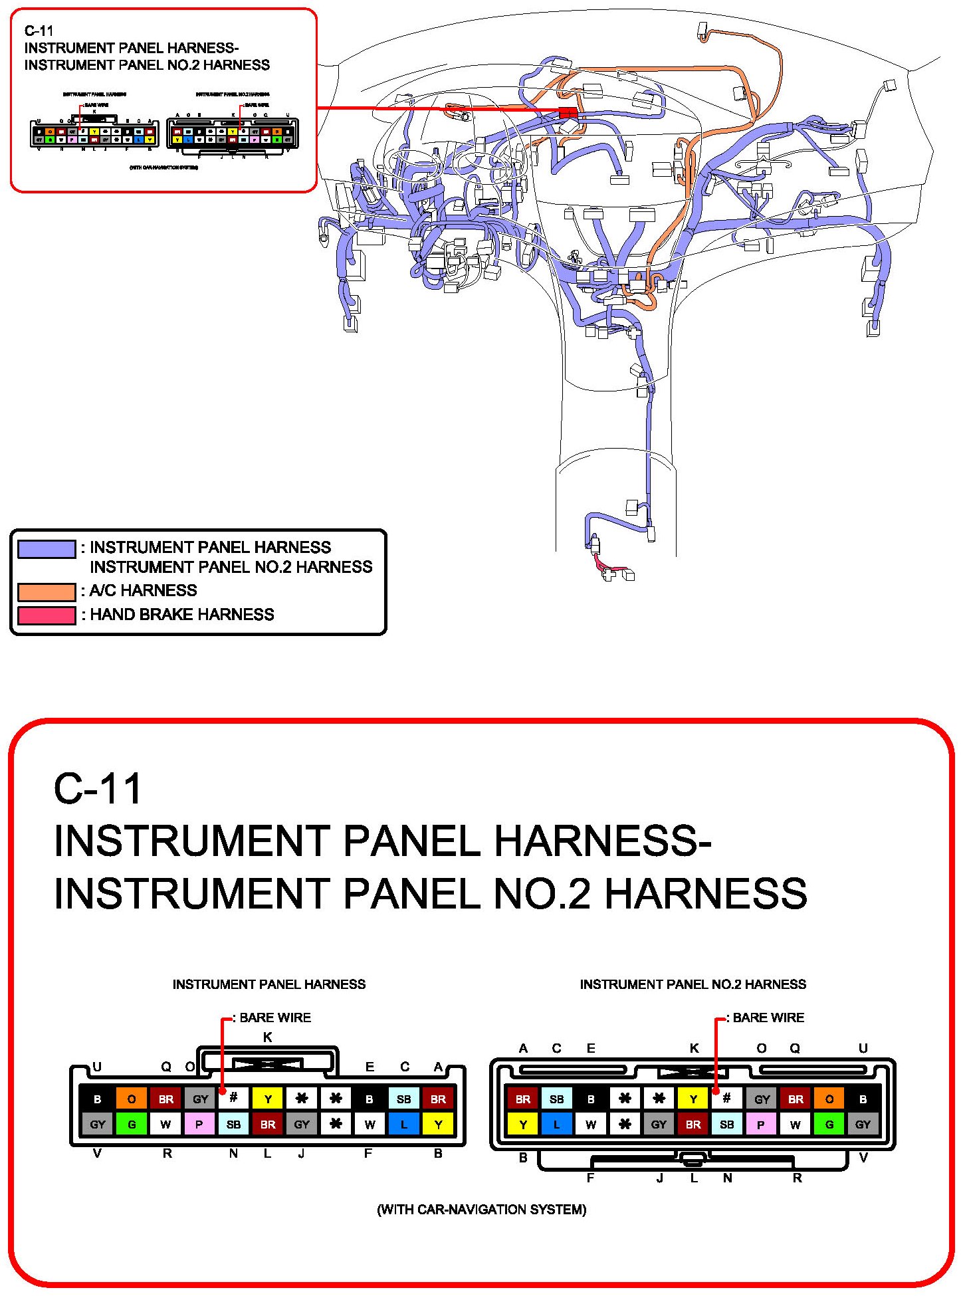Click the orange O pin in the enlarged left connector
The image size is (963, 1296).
132,1099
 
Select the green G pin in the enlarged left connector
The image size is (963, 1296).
132,1125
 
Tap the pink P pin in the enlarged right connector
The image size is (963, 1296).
761,1125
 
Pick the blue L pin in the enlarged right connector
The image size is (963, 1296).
557,1125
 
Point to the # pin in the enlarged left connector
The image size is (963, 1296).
233,1099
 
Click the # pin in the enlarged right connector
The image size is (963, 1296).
727,1099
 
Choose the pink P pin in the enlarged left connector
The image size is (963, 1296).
199,1125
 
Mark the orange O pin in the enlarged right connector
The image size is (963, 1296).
829,1099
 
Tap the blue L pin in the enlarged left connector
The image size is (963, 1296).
404,1125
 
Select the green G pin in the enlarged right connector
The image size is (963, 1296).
829,1125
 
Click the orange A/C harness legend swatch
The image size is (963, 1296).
47,592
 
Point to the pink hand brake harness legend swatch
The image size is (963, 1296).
47,615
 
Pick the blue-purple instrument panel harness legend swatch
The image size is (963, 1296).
47,549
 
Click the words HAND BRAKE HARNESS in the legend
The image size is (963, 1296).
181,614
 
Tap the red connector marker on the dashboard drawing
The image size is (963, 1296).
568,113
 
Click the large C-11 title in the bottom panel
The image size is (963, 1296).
98,789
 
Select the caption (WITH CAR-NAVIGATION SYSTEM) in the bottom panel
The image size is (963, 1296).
481,1209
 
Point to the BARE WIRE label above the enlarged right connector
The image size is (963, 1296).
768,1018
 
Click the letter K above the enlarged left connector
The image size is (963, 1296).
267,1037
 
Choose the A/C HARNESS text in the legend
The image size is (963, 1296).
143,590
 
